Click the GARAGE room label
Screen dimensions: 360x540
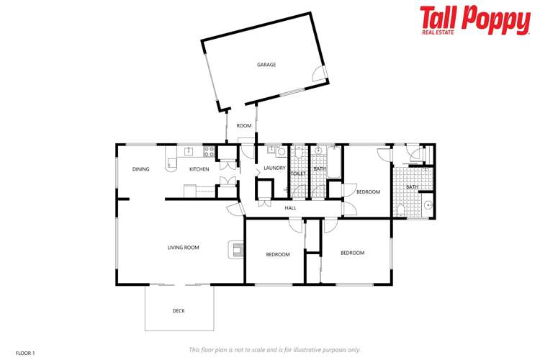(266, 65)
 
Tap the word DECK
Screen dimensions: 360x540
(179, 311)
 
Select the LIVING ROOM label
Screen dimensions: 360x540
(183, 248)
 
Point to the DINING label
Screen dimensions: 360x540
(140, 169)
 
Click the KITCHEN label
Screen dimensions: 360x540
(199, 169)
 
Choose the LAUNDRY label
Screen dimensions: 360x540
(274, 168)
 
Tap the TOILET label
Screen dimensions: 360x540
(298, 174)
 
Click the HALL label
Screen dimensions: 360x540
(290, 207)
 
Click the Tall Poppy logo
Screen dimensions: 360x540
(474, 19)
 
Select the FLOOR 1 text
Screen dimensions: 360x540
(25, 353)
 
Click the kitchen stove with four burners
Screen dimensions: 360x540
(210, 151)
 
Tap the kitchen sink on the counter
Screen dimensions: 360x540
(189, 151)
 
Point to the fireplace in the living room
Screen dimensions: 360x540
(235, 248)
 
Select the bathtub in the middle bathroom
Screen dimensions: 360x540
(333, 156)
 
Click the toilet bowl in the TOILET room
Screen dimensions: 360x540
(297, 153)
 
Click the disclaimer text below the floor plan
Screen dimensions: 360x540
(274, 349)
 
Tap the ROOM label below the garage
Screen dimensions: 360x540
(244, 126)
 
